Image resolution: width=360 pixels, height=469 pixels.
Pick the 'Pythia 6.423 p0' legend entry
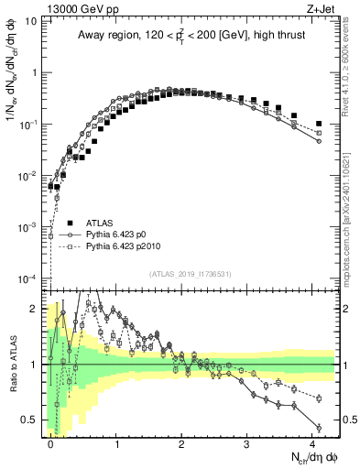tap(122, 234)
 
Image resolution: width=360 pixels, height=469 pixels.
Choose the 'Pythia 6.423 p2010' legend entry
tap(129, 247)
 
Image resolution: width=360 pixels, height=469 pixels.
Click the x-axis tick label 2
tap(181, 442)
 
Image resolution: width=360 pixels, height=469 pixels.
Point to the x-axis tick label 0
tap(50, 442)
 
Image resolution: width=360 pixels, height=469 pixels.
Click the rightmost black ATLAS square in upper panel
tap(319, 124)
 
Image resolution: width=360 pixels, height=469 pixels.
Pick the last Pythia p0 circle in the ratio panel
tap(319, 427)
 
